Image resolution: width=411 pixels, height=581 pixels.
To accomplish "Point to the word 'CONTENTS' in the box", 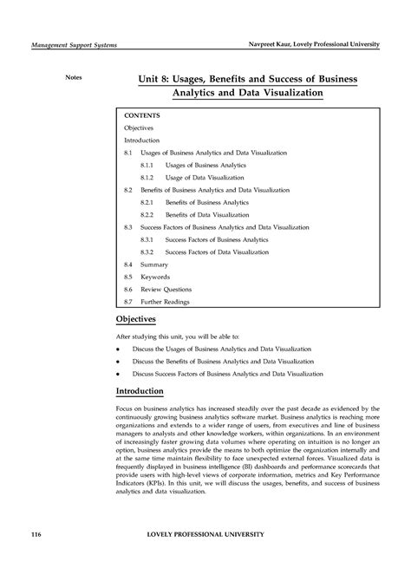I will (x=142, y=114).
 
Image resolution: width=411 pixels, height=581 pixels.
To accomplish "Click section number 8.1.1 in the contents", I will (x=147, y=164).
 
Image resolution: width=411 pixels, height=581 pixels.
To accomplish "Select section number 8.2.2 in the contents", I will (x=147, y=213).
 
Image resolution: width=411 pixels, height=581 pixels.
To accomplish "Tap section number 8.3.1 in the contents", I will (x=147, y=238).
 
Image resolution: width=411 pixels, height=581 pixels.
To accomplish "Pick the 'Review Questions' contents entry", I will (x=166, y=289).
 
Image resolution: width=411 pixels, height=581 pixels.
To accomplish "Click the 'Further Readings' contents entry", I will (x=165, y=302).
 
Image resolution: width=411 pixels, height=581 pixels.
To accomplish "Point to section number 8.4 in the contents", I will (x=128, y=264).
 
